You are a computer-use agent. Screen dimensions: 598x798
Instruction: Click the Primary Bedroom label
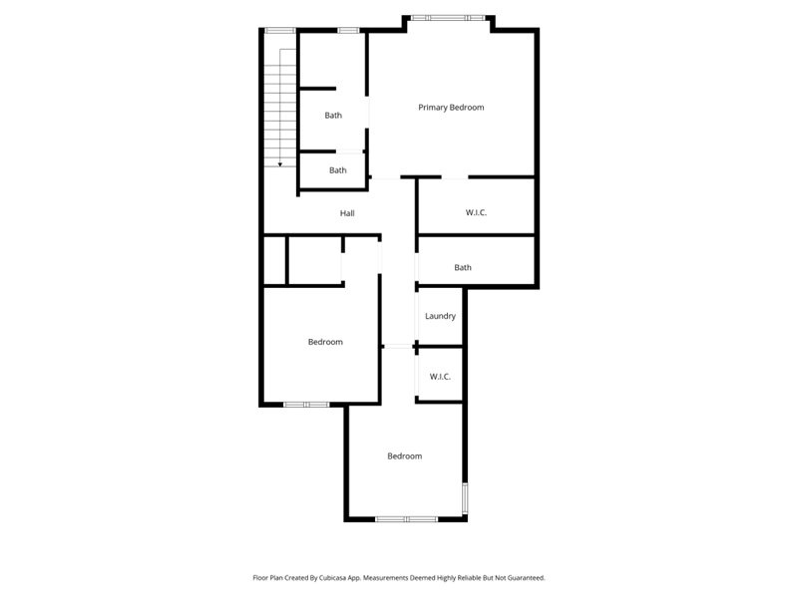451,108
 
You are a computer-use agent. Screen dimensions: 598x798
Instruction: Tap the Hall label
347,213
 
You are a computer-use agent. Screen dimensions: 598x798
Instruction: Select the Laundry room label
440,317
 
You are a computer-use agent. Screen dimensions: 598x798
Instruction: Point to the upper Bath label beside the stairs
333,116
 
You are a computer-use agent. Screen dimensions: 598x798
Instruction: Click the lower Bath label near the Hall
338,170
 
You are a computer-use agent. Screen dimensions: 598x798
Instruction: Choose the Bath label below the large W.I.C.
463,267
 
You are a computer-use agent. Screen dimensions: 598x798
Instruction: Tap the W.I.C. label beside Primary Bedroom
476,213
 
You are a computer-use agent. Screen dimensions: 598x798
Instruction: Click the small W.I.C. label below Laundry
440,377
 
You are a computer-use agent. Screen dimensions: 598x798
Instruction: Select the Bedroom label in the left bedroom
325,342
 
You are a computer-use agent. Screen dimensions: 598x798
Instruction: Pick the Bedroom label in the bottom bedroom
404,456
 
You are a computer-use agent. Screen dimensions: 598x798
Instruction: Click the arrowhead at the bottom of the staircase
280,163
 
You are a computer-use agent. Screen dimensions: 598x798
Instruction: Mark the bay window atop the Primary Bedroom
448,17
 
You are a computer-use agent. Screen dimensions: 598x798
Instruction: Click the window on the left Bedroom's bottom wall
306,404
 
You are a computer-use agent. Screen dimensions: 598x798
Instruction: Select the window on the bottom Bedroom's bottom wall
406,518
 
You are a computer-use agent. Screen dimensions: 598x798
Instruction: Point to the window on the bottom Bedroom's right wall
464,497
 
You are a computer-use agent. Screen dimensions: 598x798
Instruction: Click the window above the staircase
279,30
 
